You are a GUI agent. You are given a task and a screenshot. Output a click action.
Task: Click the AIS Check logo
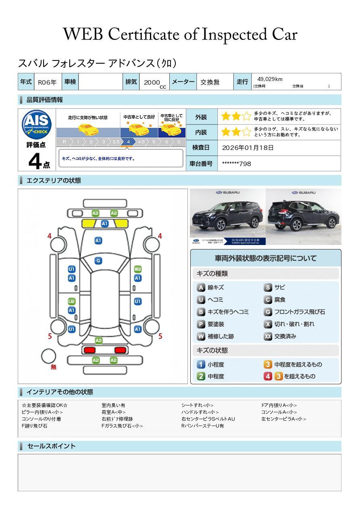pyautogui.click(x=37, y=124)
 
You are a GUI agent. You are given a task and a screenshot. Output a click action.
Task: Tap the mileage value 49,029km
pyautogui.click(x=270, y=79)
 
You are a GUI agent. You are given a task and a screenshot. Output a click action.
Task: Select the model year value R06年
pyautogui.click(x=47, y=82)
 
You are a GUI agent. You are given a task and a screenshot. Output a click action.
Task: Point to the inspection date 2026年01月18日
pyautogui.click(x=248, y=148)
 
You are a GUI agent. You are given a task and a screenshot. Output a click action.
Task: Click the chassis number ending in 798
pyautogui.click(x=236, y=164)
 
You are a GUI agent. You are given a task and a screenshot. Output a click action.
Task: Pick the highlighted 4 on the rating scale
pyautogui.click(x=128, y=142)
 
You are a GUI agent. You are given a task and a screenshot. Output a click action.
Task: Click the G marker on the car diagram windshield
pyautogui.click(x=98, y=261)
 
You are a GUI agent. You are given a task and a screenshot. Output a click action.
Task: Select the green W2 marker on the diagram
pyautogui.click(x=138, y=269)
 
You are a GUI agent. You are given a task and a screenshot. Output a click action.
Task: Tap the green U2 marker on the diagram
pyautogui.click(x=71, y=301)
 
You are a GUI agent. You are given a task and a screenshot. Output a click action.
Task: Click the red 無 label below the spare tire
pyautogui.click(x=54, y=367)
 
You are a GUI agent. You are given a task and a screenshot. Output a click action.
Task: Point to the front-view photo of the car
pyautogui.click(x=227, y=217)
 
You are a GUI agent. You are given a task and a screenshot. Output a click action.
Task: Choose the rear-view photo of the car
pyautogui.click(x=304, y=217)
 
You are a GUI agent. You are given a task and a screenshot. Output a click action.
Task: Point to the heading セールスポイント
pyautogui.click(x=51, y=446)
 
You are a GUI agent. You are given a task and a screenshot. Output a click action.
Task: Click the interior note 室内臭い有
pyautogui.click(x=113, y=405)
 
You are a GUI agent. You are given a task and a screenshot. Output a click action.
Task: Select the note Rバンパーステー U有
pyautogui.click(x=202, y=426)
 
